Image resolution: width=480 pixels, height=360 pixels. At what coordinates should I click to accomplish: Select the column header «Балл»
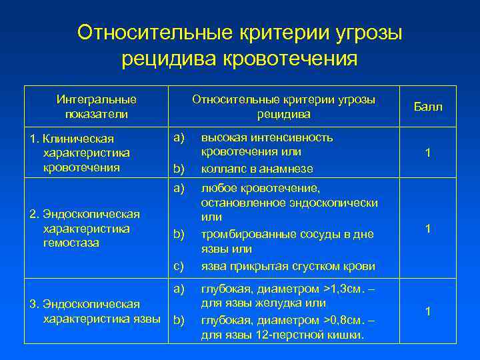point(428,107)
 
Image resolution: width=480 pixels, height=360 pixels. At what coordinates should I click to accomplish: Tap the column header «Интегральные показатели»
point(97,107)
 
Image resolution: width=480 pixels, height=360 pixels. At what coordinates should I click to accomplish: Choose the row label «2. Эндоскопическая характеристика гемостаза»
point(84,228)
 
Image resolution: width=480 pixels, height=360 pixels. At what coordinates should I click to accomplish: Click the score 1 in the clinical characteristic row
point(428,153)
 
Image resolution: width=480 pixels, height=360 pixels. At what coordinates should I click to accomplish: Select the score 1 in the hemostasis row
point(428,229)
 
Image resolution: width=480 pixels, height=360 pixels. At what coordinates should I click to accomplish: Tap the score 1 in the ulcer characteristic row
point(428,311)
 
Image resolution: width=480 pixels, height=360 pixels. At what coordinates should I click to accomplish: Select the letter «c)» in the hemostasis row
point(179,266)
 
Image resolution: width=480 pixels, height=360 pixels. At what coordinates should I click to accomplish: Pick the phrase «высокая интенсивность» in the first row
point(267,137)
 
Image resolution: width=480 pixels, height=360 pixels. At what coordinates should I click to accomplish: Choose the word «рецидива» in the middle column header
point(284,114)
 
